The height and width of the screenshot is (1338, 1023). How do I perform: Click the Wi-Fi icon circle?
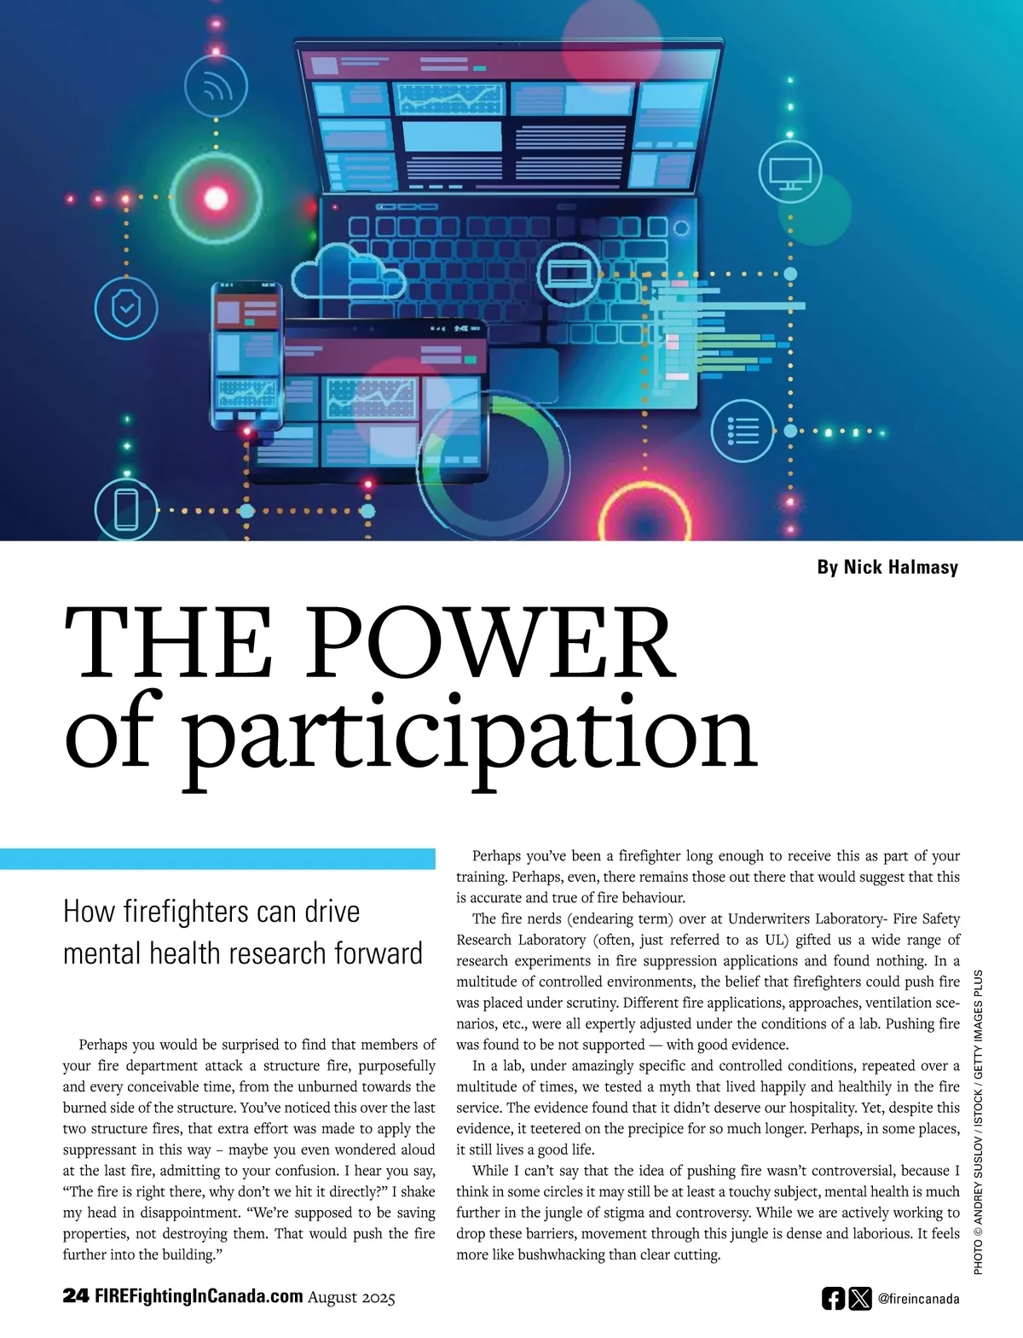coord(216,86)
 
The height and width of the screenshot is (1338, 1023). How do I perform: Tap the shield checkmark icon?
coord(126,308)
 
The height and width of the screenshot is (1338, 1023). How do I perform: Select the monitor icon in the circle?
coord(789,171)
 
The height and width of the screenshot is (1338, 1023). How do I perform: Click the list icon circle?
coord(743,431)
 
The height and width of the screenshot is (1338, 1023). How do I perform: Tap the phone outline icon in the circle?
coord(126,509)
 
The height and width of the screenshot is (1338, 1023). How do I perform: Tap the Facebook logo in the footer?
coord(833,1299)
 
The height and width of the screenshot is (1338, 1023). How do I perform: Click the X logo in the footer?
coord(860,1299)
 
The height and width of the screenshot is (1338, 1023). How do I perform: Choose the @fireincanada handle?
coord(918,1299)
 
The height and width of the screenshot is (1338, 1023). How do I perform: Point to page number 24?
coord(75,1296)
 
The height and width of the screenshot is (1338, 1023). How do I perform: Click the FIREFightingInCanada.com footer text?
coord(199,1296)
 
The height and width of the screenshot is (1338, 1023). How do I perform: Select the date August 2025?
coord(351,1297)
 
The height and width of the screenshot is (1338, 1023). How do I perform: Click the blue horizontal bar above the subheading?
coord(217,859)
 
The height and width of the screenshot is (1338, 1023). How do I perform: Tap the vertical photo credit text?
coord(978,1121)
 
